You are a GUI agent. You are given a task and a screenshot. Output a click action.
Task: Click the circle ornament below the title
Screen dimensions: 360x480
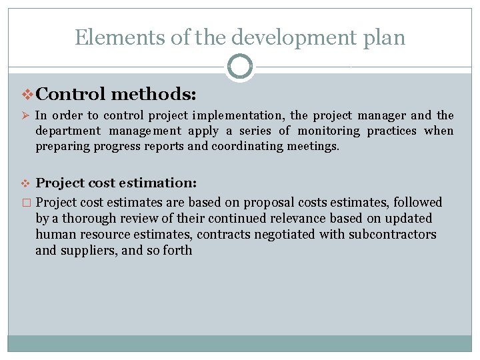point(240,67)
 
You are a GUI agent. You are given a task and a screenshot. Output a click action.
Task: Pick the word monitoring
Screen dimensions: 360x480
point(328,131)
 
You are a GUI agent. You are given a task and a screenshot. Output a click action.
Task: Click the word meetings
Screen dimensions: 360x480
point(315,145)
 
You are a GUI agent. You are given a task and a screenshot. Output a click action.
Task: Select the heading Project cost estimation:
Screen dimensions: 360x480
point(115,183)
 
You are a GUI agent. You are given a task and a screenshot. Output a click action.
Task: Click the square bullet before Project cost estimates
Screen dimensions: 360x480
point(26,203)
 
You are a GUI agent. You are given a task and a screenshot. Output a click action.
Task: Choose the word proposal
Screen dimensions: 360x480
point(271,202)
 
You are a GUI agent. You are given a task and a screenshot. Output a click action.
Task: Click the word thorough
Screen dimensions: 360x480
point(92,218)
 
